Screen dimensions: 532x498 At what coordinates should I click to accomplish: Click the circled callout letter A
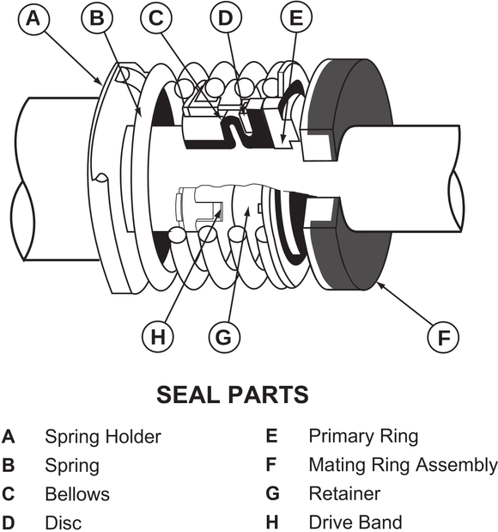(33, 19)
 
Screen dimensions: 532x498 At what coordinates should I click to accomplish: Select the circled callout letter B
(96, 19)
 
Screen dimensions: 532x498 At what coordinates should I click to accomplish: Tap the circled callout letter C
(157, 19)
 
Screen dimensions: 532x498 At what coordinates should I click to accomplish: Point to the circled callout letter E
(296, 19)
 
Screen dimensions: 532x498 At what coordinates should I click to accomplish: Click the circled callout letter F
(443, 338)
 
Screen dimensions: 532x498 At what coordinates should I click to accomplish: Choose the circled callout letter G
(223, 338)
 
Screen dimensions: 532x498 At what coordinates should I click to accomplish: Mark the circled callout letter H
(156, 338)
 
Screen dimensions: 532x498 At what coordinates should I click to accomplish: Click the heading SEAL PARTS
(232, 394)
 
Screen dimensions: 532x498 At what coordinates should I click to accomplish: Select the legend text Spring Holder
(102, 437)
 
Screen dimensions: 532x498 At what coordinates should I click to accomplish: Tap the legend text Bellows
(77, 494)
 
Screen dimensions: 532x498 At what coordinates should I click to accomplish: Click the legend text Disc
(63, 522)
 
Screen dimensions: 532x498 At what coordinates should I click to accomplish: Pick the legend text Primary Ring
(363, 437)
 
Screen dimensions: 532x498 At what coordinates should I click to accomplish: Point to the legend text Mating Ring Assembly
(403, 465)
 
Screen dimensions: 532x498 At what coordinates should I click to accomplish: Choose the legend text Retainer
(344, 494)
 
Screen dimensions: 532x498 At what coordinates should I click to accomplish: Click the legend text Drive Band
(355, 522)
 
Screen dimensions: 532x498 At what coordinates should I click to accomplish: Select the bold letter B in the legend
(9, 466)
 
